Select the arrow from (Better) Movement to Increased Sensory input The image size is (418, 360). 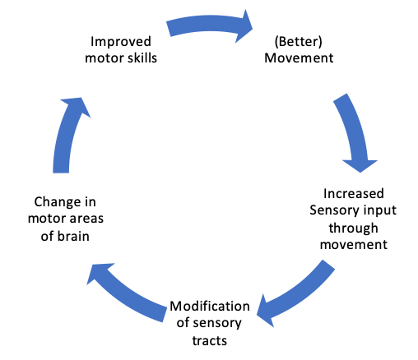(x=351, y=132)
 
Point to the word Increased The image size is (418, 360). (x=355, y=194)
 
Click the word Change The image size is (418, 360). (x=57, y=201)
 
